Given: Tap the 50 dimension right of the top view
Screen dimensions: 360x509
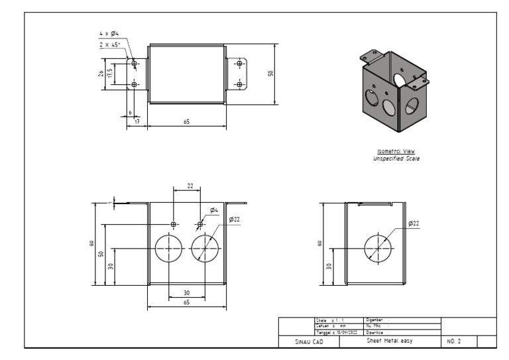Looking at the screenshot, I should point(270,74).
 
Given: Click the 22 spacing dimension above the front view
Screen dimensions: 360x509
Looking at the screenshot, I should point(190,186).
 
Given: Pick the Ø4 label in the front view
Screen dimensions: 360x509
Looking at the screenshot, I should point(214,210).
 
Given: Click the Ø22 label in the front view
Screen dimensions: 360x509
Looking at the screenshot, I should point(234,219).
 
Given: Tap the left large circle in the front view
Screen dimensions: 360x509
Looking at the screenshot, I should point(169,249).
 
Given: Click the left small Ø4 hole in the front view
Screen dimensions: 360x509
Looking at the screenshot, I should point(173,225).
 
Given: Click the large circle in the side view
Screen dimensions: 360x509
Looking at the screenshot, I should point(378,248).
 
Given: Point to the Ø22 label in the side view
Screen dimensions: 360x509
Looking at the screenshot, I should point(414,223).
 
